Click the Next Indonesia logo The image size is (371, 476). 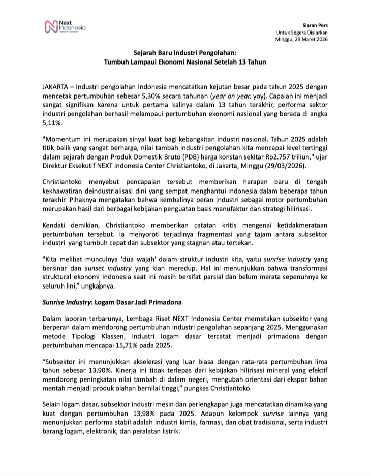tap(65, 25)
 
